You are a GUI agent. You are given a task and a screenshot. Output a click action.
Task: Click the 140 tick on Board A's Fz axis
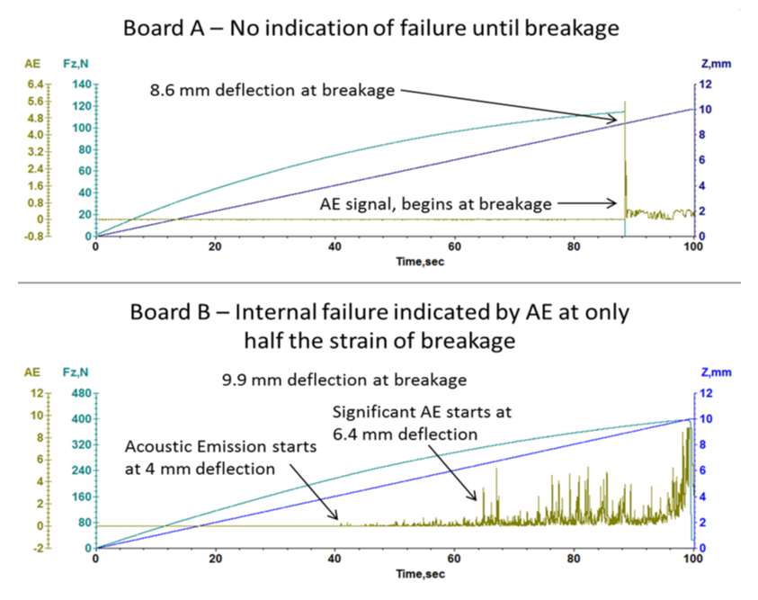tap(82, 85)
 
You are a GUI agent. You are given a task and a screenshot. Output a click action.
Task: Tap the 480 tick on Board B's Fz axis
tap(80, 395)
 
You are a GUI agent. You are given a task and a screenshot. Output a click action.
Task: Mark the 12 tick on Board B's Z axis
tap(708, 395)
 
